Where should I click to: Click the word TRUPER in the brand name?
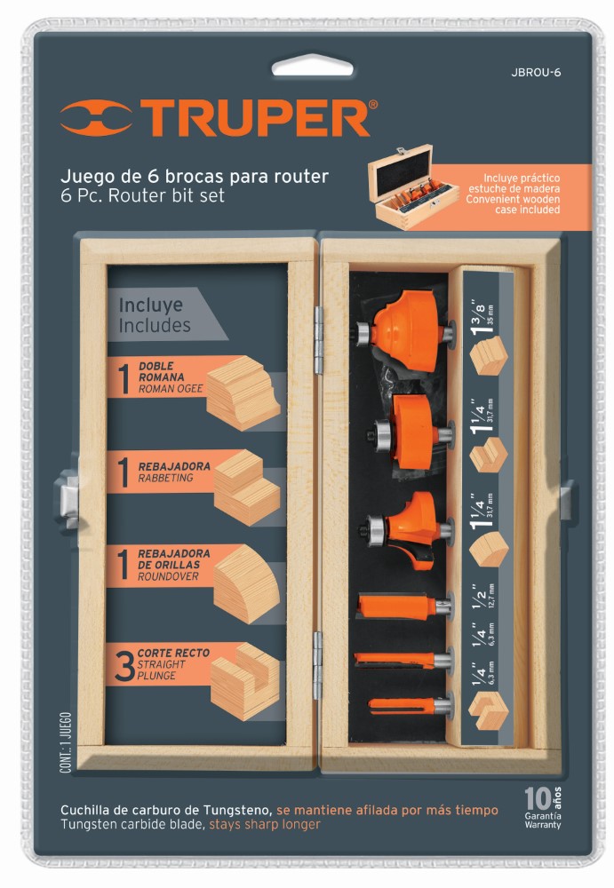pos(257,119)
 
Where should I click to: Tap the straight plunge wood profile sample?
pos(244,679)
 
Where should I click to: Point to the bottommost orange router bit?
pos(405,706)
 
